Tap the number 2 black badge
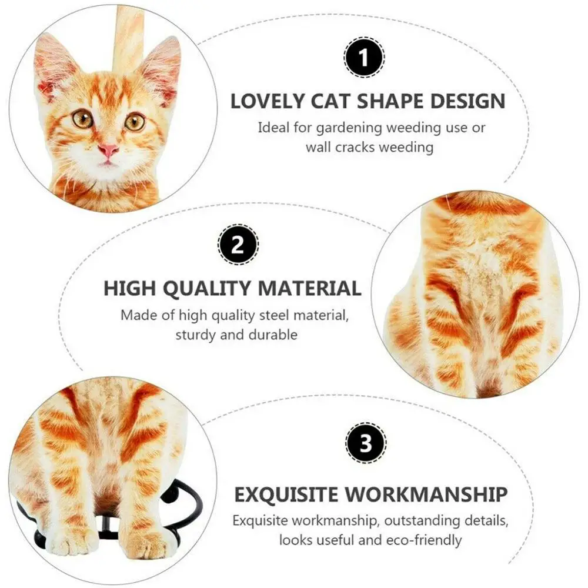(237, 246)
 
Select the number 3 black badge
(366, 443)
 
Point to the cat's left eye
(82, 118)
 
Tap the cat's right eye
(135, 121)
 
